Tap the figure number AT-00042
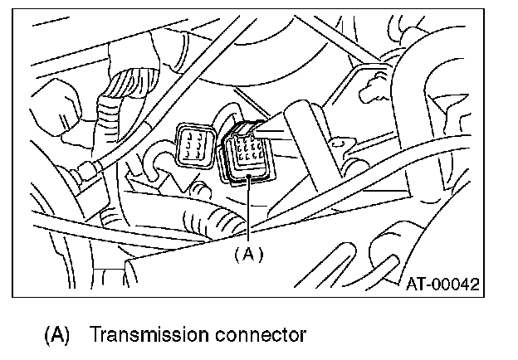click(442, 284)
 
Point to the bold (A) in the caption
click(56, 336)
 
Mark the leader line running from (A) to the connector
click(247, 212)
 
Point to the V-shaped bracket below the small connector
click(178, 178)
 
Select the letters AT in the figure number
click(415, 284)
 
